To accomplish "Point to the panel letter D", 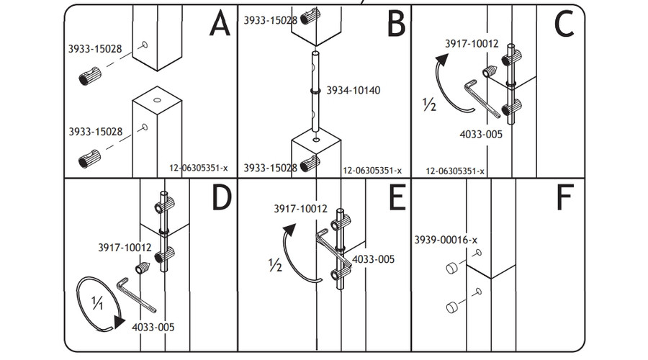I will coord(220,199).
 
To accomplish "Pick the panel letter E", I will coord(395,199).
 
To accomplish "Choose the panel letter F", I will coord(565,199).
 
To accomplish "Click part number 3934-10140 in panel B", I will coord(353,91).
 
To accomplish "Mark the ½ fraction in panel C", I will coord(430,105).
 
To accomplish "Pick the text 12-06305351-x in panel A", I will coord(198,168).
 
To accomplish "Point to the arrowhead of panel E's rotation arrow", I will coord(289,230).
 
